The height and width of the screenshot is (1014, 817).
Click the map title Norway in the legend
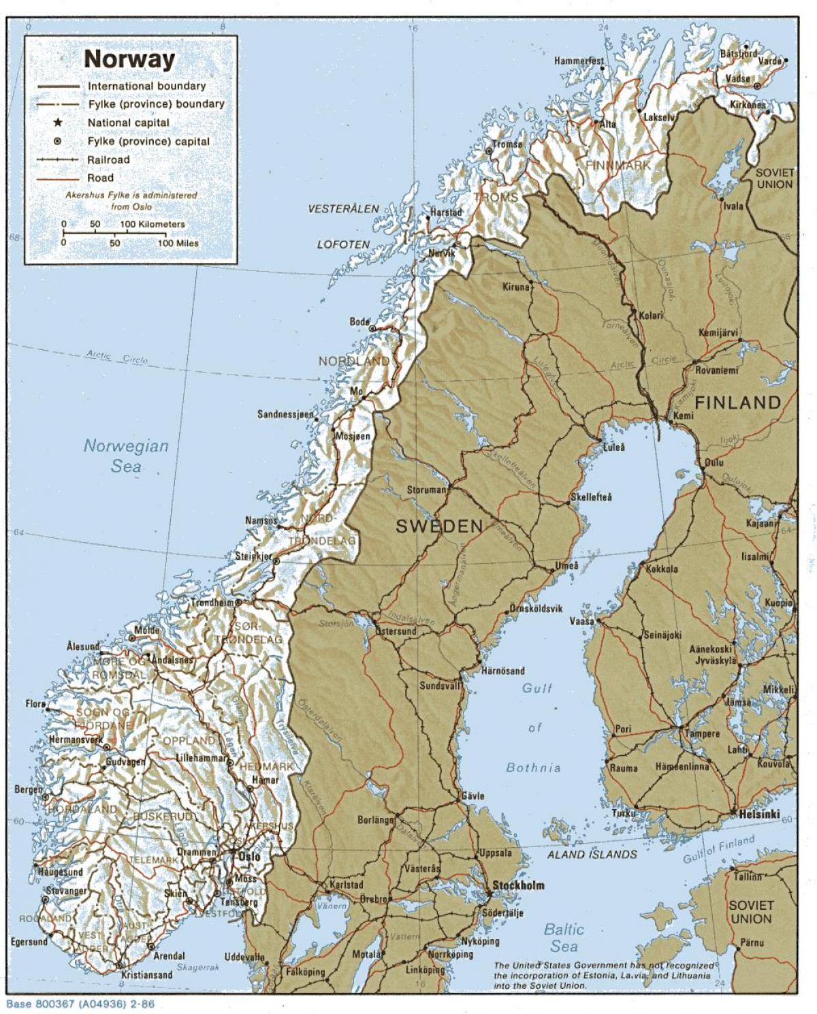[129, 59]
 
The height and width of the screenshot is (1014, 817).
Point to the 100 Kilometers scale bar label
[153, 224]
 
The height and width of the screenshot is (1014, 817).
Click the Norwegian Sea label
[126, 456]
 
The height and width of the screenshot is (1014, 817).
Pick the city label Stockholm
[518, 885]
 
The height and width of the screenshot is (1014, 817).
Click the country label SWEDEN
[439, 526]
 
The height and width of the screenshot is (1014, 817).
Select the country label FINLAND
[737, 402]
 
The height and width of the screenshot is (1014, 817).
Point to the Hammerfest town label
[578, 61]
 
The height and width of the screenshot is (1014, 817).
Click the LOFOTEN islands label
[343, 244]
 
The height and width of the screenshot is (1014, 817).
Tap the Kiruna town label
[515, 287]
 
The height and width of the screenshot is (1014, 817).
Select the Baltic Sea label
[564, 937]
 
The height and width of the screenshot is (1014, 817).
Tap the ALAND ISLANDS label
[593, 854]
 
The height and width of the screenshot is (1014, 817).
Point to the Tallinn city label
[747, 876]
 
